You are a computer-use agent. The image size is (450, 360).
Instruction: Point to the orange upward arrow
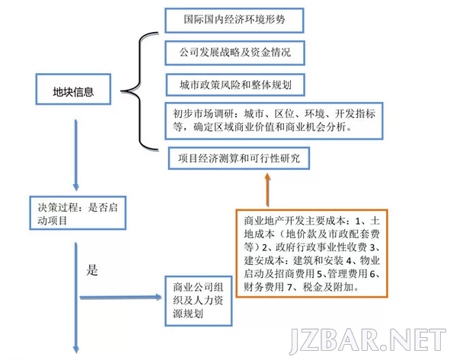point(267,190)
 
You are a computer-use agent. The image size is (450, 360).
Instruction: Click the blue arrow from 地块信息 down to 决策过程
point(76,155)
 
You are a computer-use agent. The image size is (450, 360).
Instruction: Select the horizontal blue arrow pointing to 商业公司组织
point(121,298)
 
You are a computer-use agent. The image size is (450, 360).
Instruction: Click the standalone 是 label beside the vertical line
point(92,270)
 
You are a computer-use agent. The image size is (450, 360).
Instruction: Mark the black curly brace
point(140,91)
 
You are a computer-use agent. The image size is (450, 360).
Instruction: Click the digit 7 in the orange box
point(289,287)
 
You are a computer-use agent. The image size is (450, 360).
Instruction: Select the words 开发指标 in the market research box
point(355,114)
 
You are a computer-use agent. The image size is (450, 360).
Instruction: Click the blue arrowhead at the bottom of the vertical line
point(76,349)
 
